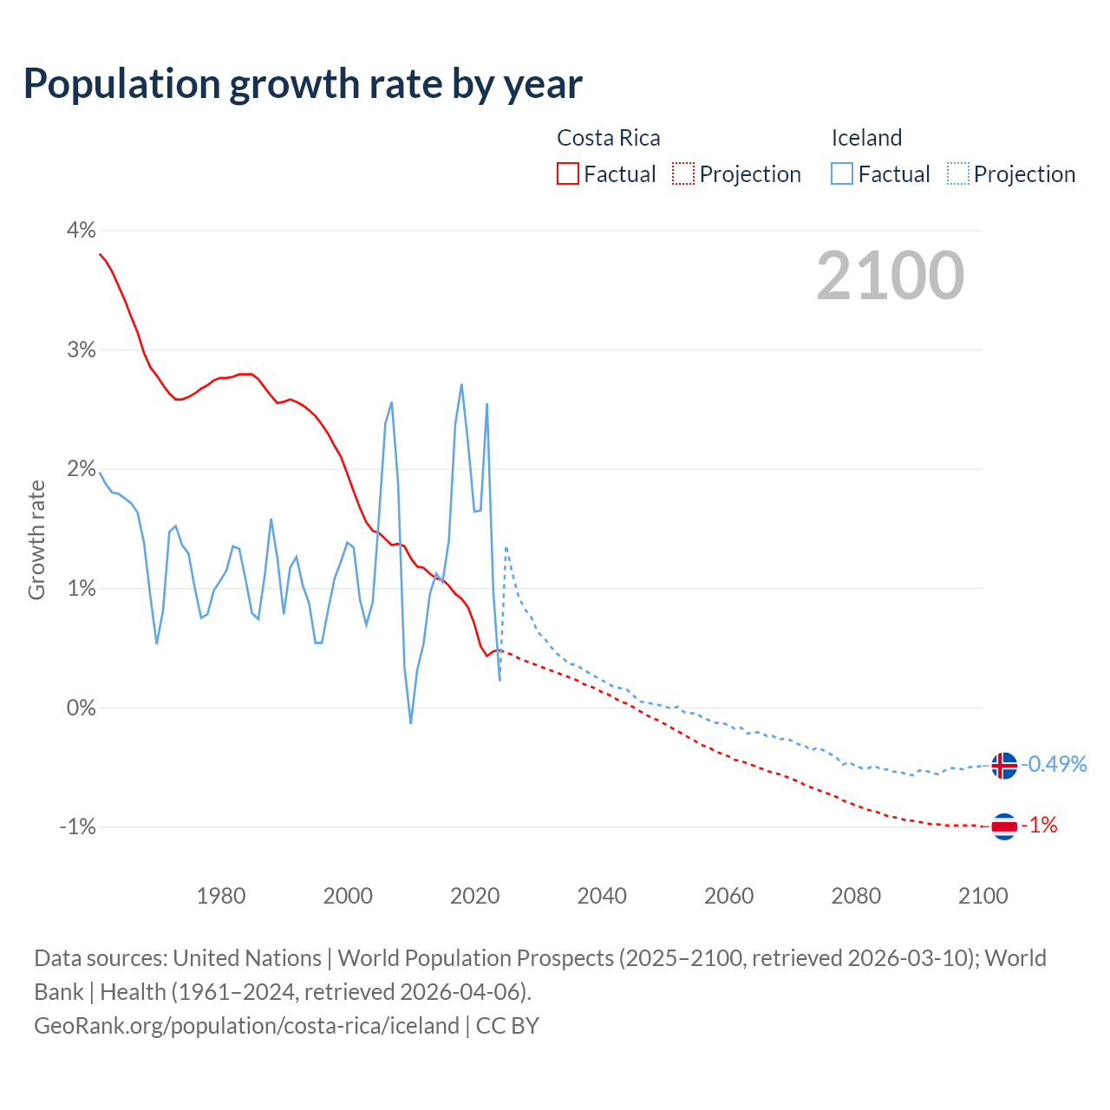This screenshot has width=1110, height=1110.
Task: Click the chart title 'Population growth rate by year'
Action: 303,84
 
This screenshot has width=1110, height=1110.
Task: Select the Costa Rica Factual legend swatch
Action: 567,174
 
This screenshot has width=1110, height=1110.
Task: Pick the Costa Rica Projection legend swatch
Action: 683,174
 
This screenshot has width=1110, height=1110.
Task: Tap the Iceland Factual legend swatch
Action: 841,174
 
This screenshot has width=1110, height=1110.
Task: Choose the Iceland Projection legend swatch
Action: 957,174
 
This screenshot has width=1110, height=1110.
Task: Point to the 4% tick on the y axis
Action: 81,231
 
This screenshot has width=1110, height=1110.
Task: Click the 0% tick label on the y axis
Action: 81,708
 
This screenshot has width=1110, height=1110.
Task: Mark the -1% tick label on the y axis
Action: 77,827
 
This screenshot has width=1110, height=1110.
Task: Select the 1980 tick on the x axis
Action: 221,896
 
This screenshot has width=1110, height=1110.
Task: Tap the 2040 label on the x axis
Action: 602,896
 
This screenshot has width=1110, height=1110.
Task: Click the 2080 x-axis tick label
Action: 856,896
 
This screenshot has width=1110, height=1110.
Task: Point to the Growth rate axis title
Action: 36,539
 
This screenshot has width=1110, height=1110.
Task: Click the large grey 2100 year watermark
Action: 890,276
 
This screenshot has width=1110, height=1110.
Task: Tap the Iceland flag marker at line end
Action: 1003,766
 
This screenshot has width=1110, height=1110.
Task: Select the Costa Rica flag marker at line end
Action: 1003,826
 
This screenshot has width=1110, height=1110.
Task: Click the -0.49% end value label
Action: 1054,764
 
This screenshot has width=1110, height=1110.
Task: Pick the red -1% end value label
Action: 1040,826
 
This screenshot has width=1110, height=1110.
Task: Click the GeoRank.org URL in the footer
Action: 246,1026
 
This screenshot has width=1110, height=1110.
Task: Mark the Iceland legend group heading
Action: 866,138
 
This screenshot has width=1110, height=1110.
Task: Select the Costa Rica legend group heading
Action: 608,138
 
